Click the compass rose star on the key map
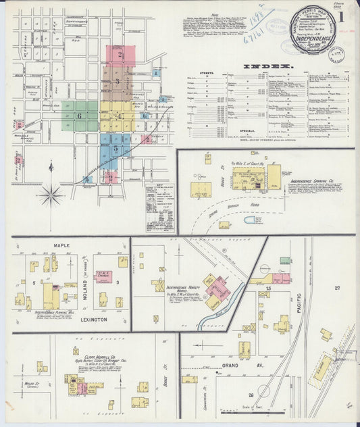[x=51, y=195]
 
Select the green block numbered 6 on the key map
[x=79, y=116]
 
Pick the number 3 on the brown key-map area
[x=117, y=82]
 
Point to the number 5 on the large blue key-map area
[x=116, y=148]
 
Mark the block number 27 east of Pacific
[x=337, y=287]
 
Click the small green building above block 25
[x=286, y=260]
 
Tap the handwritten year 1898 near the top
[x=256, y=24]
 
